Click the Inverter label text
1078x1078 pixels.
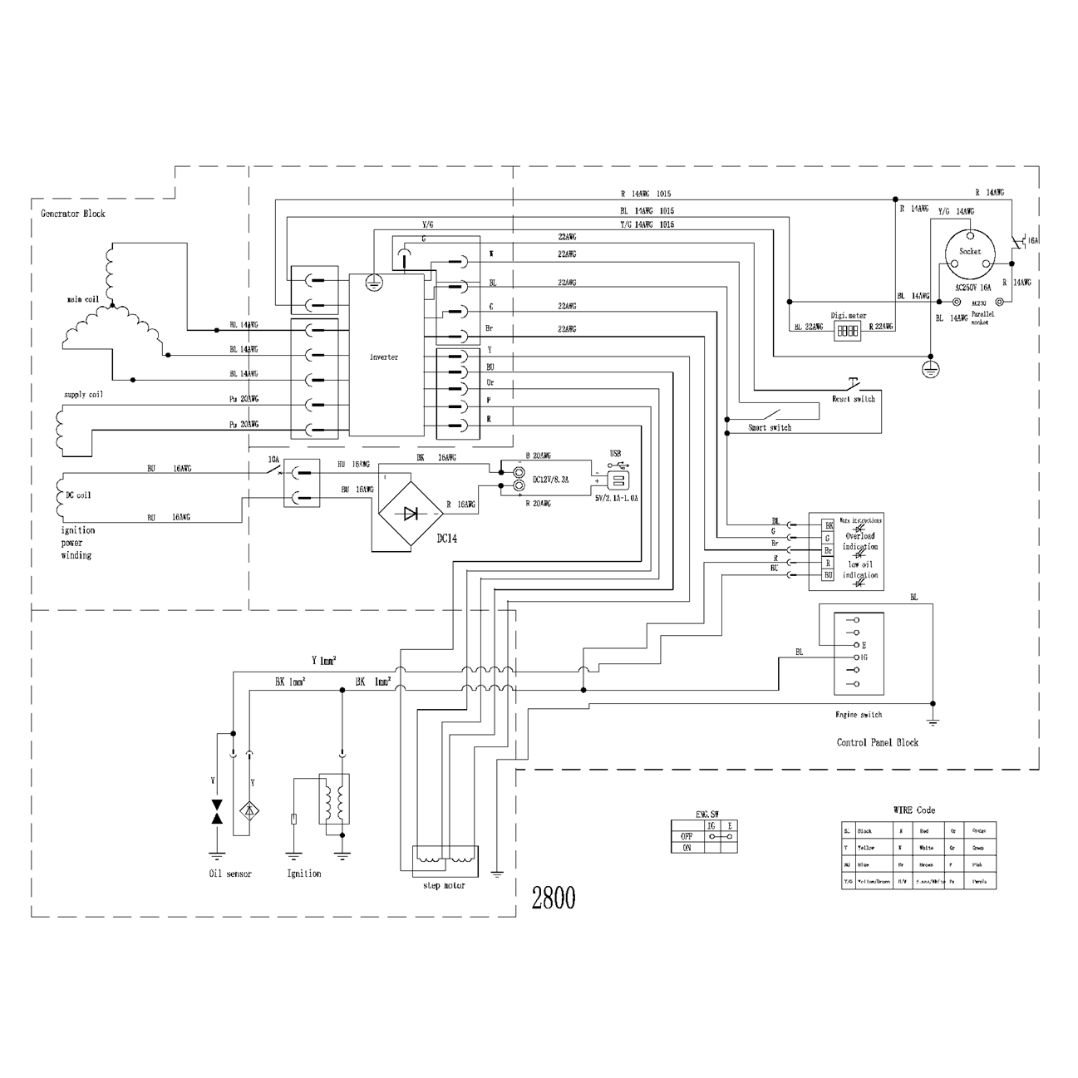click(x=384, y=357)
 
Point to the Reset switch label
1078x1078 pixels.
click(x=854, y=399)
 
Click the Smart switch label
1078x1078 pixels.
click(x=770, y=427)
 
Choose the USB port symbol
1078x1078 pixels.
click(x=617, y=481)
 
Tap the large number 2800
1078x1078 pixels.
click(x=553, y=898)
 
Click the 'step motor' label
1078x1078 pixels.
click(x=444, y=885)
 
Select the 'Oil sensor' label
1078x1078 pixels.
click(x=230, y=874)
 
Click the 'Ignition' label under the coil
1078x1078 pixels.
click(x=303, y=874)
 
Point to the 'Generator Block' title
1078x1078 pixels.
click(x=73, y=214)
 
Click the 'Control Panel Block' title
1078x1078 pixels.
click(x=877, y=742)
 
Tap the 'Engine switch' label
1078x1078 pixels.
click(x=859, y=714)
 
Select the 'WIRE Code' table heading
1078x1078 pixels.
click(x=914, y=810)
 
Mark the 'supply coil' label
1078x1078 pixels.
click(x=83, y=395)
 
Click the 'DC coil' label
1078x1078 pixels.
click(x=78, y=495)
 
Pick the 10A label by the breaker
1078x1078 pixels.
click(x=273, y=459)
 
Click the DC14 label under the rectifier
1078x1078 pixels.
click(x=446, y=539)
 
